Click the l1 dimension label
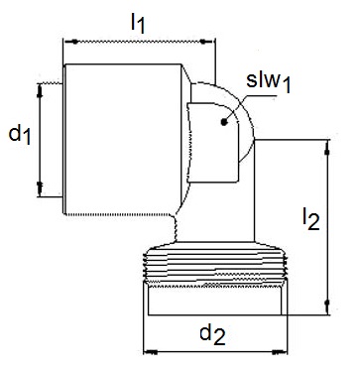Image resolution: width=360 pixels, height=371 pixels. [138, 24]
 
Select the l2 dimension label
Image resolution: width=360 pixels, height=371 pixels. [311, 218]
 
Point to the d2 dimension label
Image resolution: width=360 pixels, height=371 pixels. [212, 334]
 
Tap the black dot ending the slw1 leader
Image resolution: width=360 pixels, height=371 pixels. [224, 122]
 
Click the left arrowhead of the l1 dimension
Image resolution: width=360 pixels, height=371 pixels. [71, 42]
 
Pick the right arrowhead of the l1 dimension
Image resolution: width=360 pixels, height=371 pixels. [207, 42]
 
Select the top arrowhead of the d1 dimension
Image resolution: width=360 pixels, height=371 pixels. [40, 90]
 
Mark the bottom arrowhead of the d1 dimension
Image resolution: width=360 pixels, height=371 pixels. [40, 188]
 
